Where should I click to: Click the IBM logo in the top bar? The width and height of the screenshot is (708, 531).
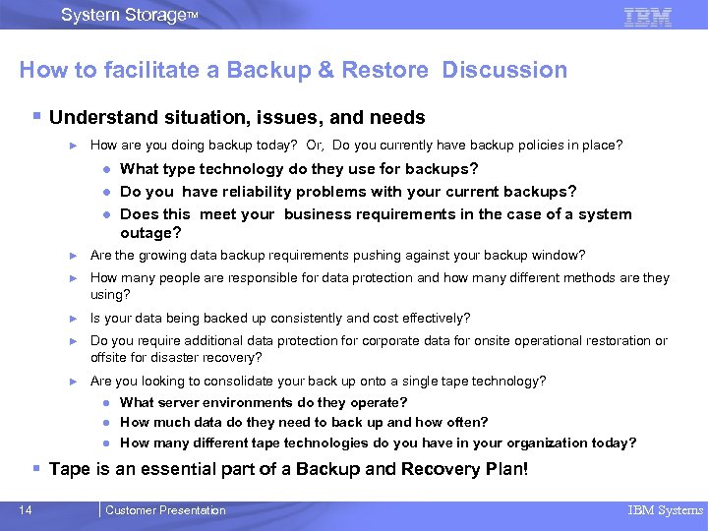tap(648, 16)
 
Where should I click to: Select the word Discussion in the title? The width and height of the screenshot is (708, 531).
tap(504, 71)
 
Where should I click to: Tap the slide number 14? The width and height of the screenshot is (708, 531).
tap(25, 510)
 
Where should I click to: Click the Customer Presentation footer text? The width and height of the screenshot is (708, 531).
tap(165, 510)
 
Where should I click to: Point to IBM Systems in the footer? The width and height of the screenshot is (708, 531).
tap(666, 510)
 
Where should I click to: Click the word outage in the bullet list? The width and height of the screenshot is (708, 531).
tap(150, 233)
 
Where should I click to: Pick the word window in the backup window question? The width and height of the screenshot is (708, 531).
tap(562, 255)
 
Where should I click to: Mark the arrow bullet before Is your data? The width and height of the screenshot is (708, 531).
tap(72, 319)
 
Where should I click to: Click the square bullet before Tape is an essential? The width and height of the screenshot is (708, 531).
tap(36, 468)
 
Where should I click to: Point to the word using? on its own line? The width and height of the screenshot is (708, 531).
tap(110, 294)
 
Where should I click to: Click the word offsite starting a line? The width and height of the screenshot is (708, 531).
tap(108, 357)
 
